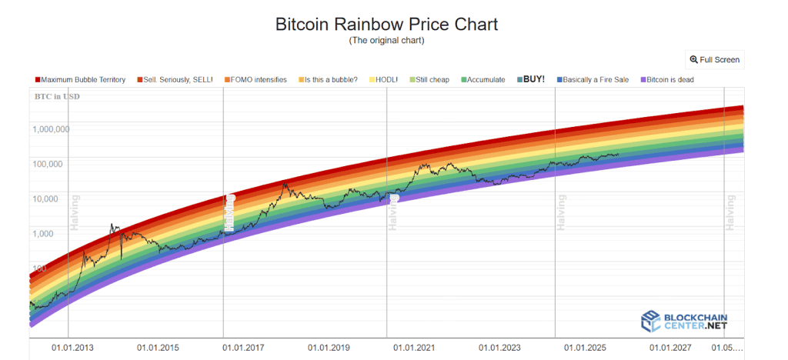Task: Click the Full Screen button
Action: pos(715,59)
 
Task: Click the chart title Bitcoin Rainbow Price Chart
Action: pos(386,24)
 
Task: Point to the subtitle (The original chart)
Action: pos(386,40)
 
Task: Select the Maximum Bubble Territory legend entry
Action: pos(80,79)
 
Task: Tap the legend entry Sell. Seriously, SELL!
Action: pos(174,79)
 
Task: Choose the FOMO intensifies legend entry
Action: pos(256,79)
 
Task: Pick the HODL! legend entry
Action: pos(388,79)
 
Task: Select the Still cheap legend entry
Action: pos(431,79)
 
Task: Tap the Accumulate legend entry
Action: pos(483,79)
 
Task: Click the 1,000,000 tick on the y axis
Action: pos(51,129)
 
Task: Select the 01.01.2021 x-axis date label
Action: pos(415,348)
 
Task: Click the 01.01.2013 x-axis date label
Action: pos(73,348)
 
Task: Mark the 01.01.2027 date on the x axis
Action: pos(671,348)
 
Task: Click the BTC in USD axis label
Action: pos(57,97)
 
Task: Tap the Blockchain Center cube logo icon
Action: pos(651,322)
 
